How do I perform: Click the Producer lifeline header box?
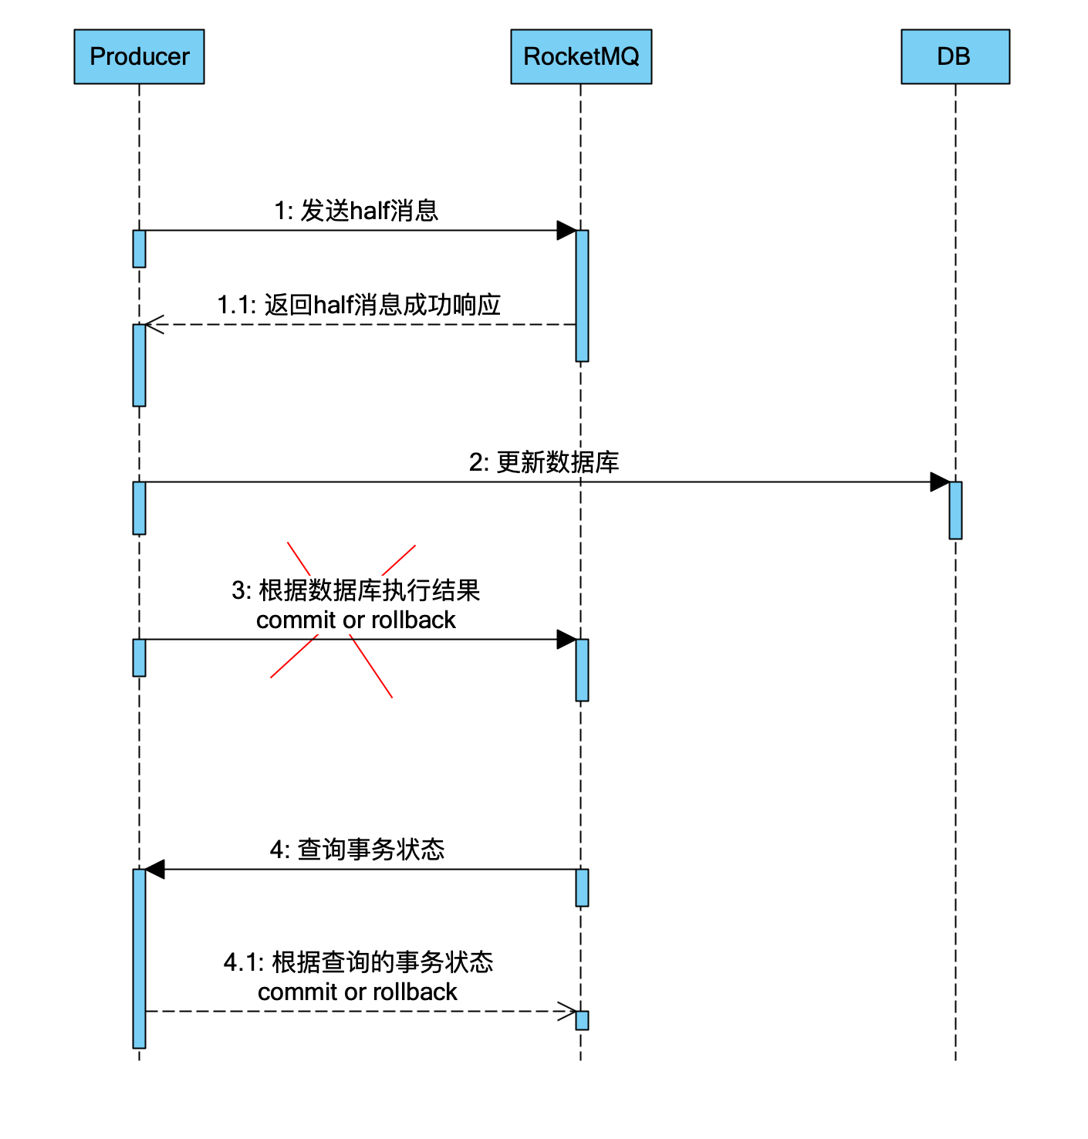pyautogui.click(x=139, y=56)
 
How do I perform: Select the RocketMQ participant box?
pyautogui.click(x=581, y=56)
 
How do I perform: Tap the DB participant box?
pyautogui.click(x=955, y=56)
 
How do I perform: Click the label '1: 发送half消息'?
pyautogui.click(x=356, y=211)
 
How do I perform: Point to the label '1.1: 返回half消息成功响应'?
pyautogui.click(x=359, y=305)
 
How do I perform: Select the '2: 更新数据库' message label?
pyautogui.click(x=544, y=462)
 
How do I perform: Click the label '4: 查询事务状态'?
pyautogui.click(x=357, y=850)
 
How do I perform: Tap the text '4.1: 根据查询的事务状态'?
pyautogui.click(x=359, y=962)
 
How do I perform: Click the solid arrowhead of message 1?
pyautogui.click(x=566, y=230)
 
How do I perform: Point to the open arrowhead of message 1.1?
pyautogui.click(x=153, y=325)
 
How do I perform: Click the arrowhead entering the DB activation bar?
pyautogui.click(x=940, y=482)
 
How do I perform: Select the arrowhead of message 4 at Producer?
pyautogui.click(x=155, y=870)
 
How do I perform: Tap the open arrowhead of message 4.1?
pyautogui.click(x=568, y=1011)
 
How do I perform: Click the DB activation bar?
pyautogui.click(x=955, y=510)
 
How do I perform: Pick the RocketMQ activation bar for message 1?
pyautogui.click(x=582, y=296)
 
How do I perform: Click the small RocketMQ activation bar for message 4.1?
pyautogui.click(x=582, y=1020)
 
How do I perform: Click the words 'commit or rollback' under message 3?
pyautogui.click(x=356, y=620)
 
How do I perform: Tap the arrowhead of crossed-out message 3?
pyautogui.click(x=566, y=639)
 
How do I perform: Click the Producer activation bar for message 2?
pyautogui.click(x=139, y=508)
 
